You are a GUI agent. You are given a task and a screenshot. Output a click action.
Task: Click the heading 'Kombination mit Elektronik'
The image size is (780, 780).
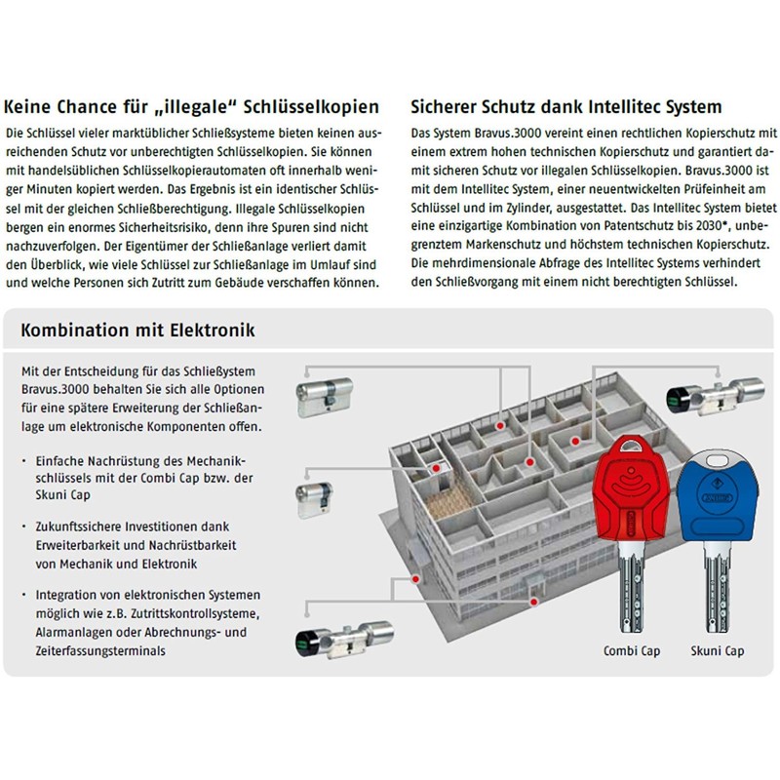[x=137, y=331]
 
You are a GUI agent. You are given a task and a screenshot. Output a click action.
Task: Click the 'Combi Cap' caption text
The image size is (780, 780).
[x=632, y=650]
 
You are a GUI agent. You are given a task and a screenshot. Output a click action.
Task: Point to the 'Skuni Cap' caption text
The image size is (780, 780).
[x=718, y=650]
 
